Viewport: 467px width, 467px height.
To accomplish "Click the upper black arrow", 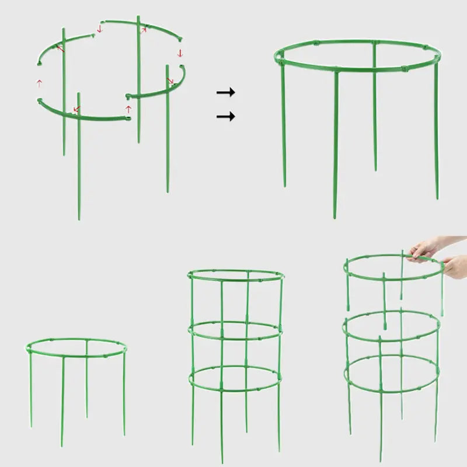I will pyautogui.click(x=225, y=92).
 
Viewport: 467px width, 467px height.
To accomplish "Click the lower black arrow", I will pyautogui.click(x=225, y=117).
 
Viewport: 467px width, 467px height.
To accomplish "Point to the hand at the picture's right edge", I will pyautogui.click(x=455, y=266).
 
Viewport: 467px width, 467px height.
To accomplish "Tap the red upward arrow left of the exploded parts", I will pyautogui.click(x=39, y=83).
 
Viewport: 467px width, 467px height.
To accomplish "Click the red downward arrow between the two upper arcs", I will pyautogui.click(x=99, y=29).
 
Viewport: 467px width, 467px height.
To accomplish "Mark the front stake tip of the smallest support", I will pyautogui.click(x=62, y=445).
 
